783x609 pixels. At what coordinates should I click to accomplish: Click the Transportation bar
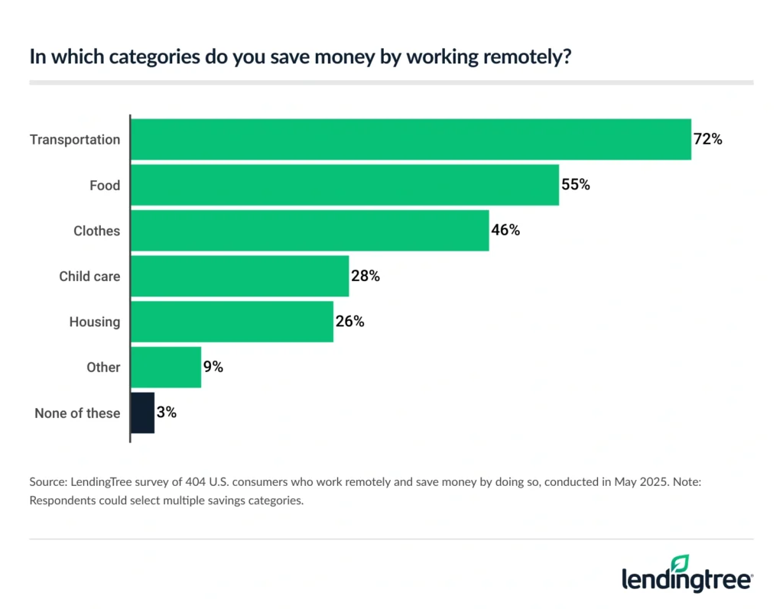coord(411,139)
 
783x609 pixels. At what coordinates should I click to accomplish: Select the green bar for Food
coord(345,185)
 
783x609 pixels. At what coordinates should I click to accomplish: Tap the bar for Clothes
coord(310,230)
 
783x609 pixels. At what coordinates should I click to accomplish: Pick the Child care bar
coord(239,276)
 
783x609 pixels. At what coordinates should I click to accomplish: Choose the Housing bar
coord(232,322)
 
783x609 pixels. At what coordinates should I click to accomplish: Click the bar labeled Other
coord(166,367)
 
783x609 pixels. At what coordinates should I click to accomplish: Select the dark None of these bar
coord(143,413)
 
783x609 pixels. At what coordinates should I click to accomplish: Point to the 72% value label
coord(708,140)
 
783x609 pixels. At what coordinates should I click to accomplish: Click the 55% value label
coord(576,185)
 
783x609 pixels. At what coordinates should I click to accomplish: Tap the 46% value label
coord(505,231)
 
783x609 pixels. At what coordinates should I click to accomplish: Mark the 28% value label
coord(366,276)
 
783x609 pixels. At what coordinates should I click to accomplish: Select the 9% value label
coord(213,368)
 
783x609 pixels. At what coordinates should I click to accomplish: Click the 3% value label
coord(167,413)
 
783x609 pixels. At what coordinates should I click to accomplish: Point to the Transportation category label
coord(75,140)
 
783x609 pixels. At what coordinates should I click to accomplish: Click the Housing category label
coord(95,322)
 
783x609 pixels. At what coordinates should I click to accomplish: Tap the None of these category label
coord(77,413)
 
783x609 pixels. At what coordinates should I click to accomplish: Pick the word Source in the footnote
coord(47,482)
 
